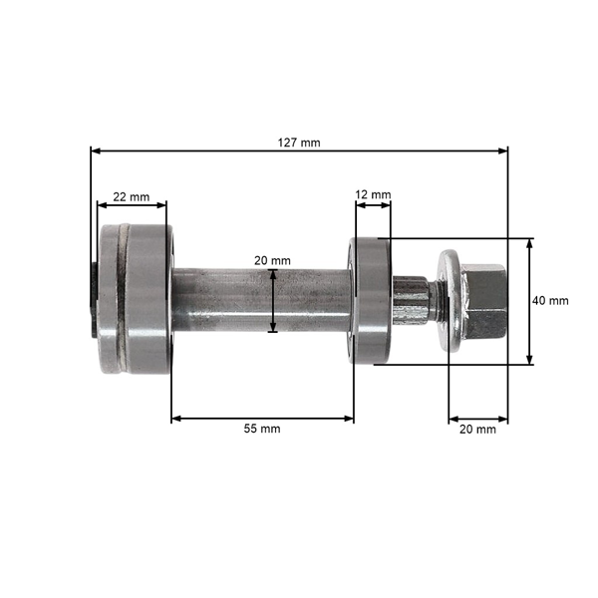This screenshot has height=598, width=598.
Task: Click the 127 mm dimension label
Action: pyautogui.click(x=299, y=143)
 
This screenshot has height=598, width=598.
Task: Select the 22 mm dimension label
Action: pyautogui.click(x=131, y=197)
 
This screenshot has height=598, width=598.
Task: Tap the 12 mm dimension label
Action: pyautogui.click(x=374, y=194)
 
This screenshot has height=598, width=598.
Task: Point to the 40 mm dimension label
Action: pyautogui.click(x=550, y=300)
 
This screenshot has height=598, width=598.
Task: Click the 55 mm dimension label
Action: pyautogui.click(x=262, y=429)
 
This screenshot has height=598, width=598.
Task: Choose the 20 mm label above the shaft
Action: pyautogui.click(x=272, y=260)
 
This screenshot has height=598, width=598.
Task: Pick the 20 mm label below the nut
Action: pyautogui.click(x=477, y=430)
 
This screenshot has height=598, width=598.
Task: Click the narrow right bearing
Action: pyautogui.click(x=371, y=299)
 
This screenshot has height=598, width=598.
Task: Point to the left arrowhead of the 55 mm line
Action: pyautogui.click(x=176, y=419)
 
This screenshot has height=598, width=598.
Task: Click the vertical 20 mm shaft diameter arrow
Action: pyautogui.click(x=272, y=299)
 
